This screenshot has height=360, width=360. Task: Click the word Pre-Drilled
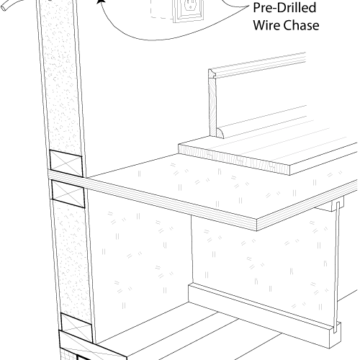pos(284,8)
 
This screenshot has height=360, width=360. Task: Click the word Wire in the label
pos(265,25)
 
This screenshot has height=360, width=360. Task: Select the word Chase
pos(300,25)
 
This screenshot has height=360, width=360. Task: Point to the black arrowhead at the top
pos(101,1)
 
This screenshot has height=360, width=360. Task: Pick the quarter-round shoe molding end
pos(220,133)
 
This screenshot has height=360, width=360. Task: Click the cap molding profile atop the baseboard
pos(212,73)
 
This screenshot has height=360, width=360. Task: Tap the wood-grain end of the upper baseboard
pos(213,107)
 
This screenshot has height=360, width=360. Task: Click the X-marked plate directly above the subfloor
pos(66,163)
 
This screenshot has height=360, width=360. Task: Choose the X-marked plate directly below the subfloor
pos(68,194)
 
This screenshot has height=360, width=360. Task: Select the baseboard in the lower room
pos(264,315)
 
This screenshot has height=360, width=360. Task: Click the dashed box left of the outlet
pos(162,9)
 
